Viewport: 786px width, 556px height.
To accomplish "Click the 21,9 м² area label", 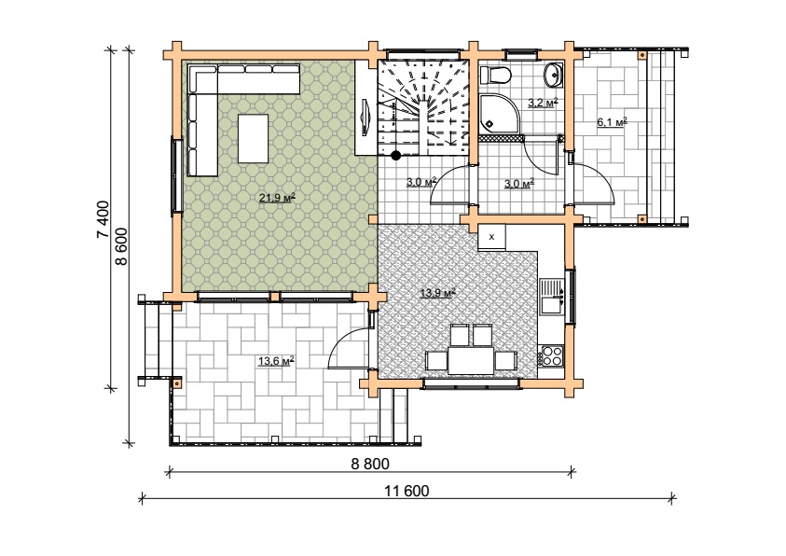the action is [x=277, y=198].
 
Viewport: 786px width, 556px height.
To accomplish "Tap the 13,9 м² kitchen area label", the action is [x=437, y=293].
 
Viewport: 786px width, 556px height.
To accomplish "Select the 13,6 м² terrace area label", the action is [x=276, y=361].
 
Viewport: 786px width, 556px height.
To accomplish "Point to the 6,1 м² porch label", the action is [x=612, y=122].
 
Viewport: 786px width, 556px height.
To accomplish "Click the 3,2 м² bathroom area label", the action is [x=543, y=104].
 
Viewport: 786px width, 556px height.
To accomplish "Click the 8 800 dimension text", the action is [x=370, y=464].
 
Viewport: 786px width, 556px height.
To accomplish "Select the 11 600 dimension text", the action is [x=407, y=491].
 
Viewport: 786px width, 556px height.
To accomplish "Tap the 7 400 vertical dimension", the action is [x=103, y=219].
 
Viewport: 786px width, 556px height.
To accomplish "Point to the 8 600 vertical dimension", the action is [x=121, y=246].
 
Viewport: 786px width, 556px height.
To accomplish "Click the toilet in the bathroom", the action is [x=495, y=76].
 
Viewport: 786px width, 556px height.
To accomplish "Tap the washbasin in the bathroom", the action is [x=554, y=75].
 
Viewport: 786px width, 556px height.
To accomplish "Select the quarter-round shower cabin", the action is [x=501, y=115].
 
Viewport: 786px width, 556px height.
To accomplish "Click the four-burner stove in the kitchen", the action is [x=552, y=355].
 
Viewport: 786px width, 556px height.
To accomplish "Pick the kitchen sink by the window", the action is [x=551, y=297].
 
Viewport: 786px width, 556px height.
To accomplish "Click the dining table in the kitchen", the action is [x=471, y=360].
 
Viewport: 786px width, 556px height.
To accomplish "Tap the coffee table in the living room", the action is [x=253, y=138].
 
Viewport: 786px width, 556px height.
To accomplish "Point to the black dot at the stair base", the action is [x=396, y=156].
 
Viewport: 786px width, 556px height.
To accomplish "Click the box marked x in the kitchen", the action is [x=491, y=237].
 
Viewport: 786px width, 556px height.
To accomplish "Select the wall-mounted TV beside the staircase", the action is [x=365, y=118].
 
